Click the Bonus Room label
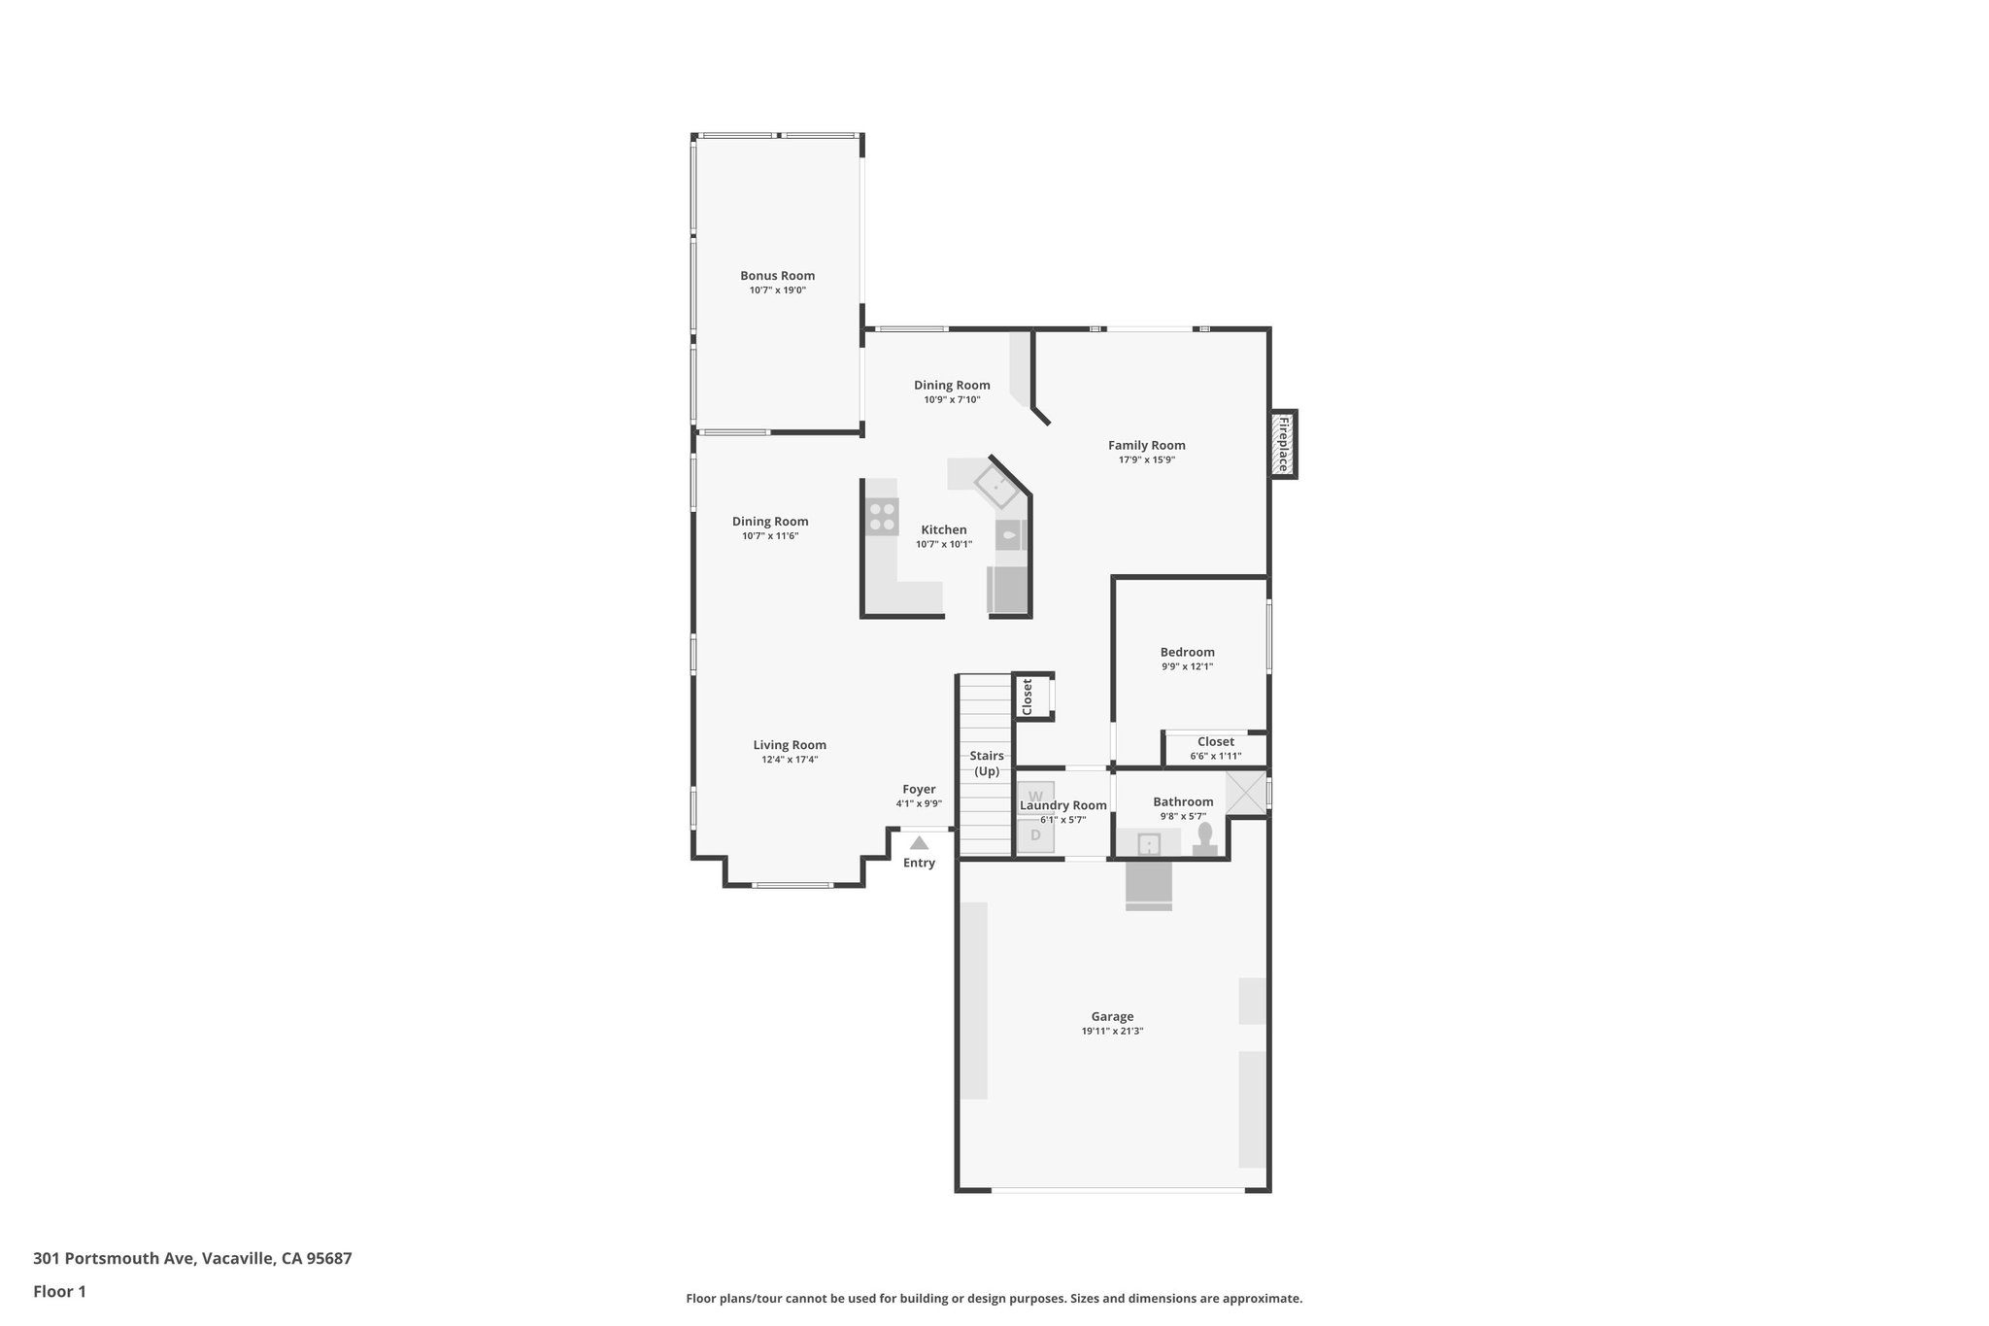(x=777, y=276)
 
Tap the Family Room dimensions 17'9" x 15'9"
(x=1146, y=460)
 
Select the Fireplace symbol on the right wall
(x=1283, y=444)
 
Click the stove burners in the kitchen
(x=882, y=517)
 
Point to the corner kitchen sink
(x=996, y=486)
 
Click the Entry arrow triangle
(x=919, y=843)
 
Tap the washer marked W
(x=1035, y=796)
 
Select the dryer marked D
(x=1035, y=835)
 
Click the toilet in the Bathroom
(x=1205, y=836)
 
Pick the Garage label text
(x=1112, y=1017)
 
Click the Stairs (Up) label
(x=987, y=764)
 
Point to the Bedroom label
(x=1187, y=653)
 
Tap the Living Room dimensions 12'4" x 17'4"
(x=790, y=760)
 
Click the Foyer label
(x=919, y=790)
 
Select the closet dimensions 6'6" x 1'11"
(x=1215, y=756)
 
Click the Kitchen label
(x=944, y=530)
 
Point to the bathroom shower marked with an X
(x=1245, y=792)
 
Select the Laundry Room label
(x=1062, y=805)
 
